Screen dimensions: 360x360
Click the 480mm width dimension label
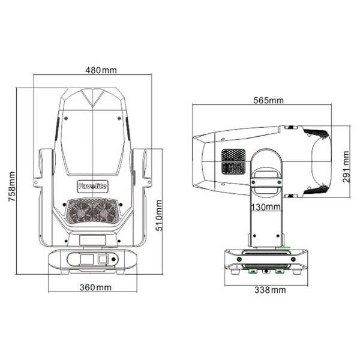100,71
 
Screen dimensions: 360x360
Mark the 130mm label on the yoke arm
266,207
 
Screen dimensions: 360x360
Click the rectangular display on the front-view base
85,259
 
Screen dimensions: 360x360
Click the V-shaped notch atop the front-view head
94,99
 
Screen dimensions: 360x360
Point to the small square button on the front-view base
101,259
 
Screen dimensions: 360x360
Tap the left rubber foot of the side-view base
253,271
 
